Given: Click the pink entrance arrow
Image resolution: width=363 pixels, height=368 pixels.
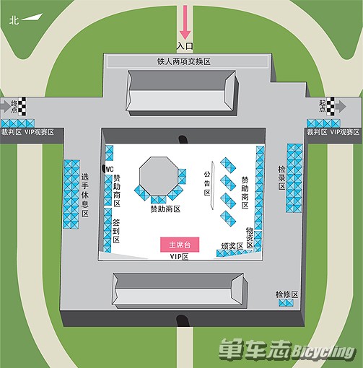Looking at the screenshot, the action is tap(185, 22).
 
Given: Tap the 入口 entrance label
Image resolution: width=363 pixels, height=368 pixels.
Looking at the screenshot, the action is tap(185, 45).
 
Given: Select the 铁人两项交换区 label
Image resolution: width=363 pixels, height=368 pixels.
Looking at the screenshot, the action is tap(184, 61).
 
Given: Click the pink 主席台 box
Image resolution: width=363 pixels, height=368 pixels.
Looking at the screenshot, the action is tap(180, 245).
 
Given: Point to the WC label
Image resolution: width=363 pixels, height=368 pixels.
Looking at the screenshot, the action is tap(110, 170).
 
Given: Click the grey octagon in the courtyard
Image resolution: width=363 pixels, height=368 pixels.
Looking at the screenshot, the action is tap(159, 176).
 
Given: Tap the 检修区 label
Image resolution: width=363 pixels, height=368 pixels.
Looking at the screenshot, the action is tap(287, 294).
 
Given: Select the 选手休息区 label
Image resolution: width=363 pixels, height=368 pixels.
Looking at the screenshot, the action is tap(85, 196).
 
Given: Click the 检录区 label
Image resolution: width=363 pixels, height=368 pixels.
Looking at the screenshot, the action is tap(281, 178).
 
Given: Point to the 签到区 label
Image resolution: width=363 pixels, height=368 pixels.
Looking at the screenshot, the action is tap(116, 231).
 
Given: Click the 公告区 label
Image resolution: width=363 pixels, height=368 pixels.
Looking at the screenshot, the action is tap(207, 183).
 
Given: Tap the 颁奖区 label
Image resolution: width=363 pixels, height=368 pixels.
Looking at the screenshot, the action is tap(232, 246).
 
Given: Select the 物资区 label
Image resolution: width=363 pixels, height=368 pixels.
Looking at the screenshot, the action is tap(250, 237).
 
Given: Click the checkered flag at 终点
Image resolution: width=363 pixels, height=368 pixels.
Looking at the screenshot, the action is tap(22, 106).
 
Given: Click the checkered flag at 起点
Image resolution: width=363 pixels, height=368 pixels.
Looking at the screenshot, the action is tap(331, 105).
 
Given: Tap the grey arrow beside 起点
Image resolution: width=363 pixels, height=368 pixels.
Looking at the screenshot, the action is tap(341, 106).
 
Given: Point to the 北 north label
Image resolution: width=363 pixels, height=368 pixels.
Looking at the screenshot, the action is tap(14, 20).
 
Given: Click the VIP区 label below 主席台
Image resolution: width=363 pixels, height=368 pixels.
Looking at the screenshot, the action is tap(180, 257).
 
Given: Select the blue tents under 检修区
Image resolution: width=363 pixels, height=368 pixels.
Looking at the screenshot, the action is tap(286, 303).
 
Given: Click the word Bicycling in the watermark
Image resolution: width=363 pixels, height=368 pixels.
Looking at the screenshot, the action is tap(323, 352).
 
